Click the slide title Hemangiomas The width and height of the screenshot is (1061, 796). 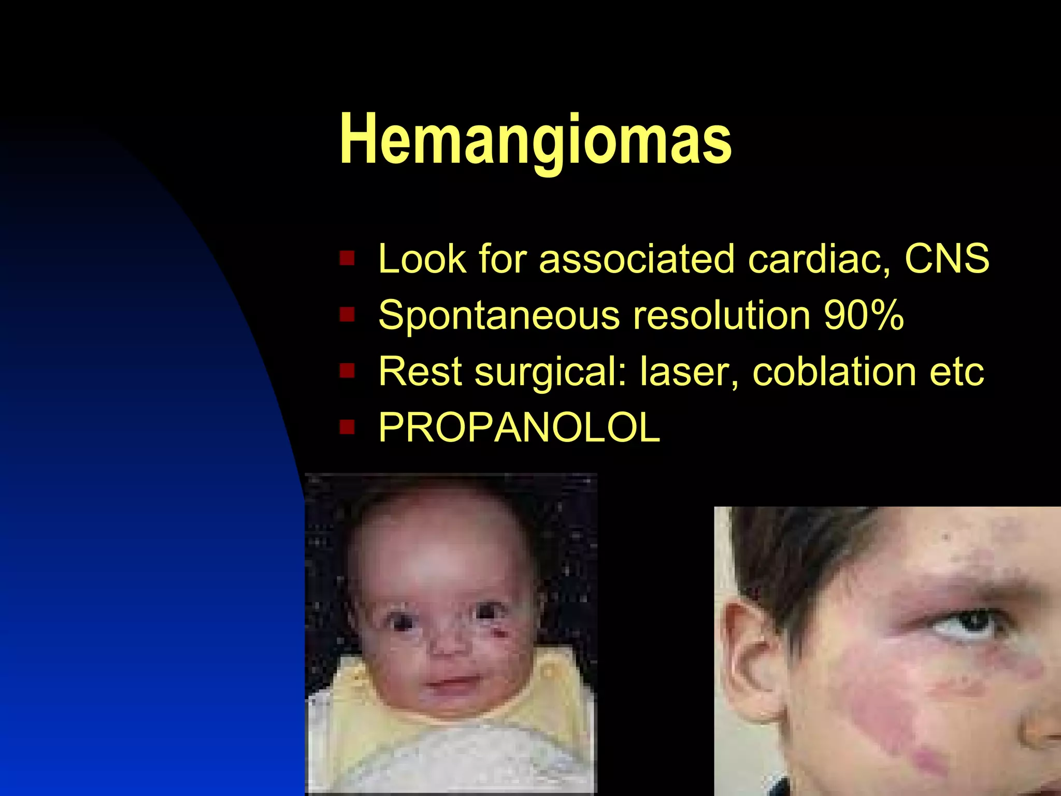coord(535,140)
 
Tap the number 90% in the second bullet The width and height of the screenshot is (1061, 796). coord(864,315)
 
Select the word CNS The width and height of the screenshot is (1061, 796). coord(947,258)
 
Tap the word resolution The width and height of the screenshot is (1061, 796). coord(722,315)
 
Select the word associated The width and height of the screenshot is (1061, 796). coord(637,258)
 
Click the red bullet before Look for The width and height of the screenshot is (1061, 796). coord(347,258)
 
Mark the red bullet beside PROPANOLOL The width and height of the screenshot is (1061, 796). coord(347,428)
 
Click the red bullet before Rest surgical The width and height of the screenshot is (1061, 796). coord(347,371)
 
